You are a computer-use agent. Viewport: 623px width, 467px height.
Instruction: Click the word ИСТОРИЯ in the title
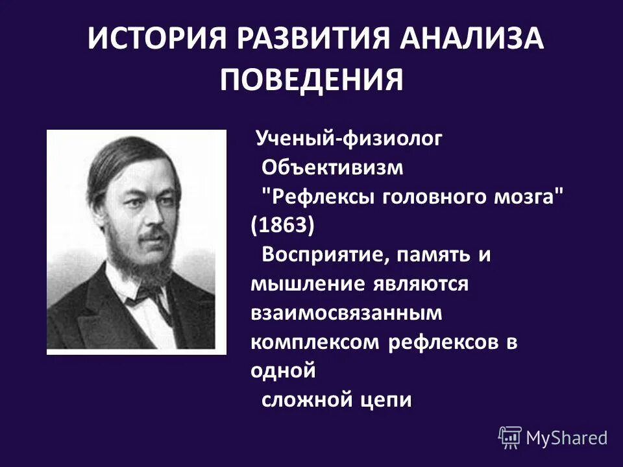[x=158, y=40]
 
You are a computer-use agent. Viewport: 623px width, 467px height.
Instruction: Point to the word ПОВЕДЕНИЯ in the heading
[x=311, y=80]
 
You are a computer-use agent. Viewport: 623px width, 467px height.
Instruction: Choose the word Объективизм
[x=332, y=167]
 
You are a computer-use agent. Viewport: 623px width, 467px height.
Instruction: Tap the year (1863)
[x=282, y=226]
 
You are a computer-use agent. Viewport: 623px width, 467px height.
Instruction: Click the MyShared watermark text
[x=567, y=438]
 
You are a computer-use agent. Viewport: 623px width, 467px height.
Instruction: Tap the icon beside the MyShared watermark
[x=510, y=437]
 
